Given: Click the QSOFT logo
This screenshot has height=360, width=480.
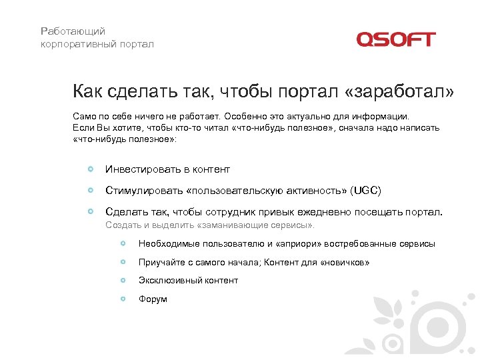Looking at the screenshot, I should [395, 39].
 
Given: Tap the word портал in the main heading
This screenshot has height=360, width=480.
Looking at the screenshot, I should [306, 91].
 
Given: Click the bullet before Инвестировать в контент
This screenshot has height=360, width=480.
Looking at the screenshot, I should [90, 169].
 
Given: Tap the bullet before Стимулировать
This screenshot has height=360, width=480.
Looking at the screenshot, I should [90, 190].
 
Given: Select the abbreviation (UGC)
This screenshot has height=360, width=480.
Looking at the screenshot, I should [365, 191].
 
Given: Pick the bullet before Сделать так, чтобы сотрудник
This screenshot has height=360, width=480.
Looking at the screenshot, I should [90, 211].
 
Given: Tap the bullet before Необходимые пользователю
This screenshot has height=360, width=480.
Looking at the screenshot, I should [123, 243].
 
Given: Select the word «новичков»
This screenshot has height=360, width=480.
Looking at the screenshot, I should [345, 263].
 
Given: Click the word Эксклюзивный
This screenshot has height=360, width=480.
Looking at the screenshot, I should [167, 281].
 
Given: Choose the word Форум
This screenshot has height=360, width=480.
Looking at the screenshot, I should [153, 299].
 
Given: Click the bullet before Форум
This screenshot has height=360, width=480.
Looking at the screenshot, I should [123, 299].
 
